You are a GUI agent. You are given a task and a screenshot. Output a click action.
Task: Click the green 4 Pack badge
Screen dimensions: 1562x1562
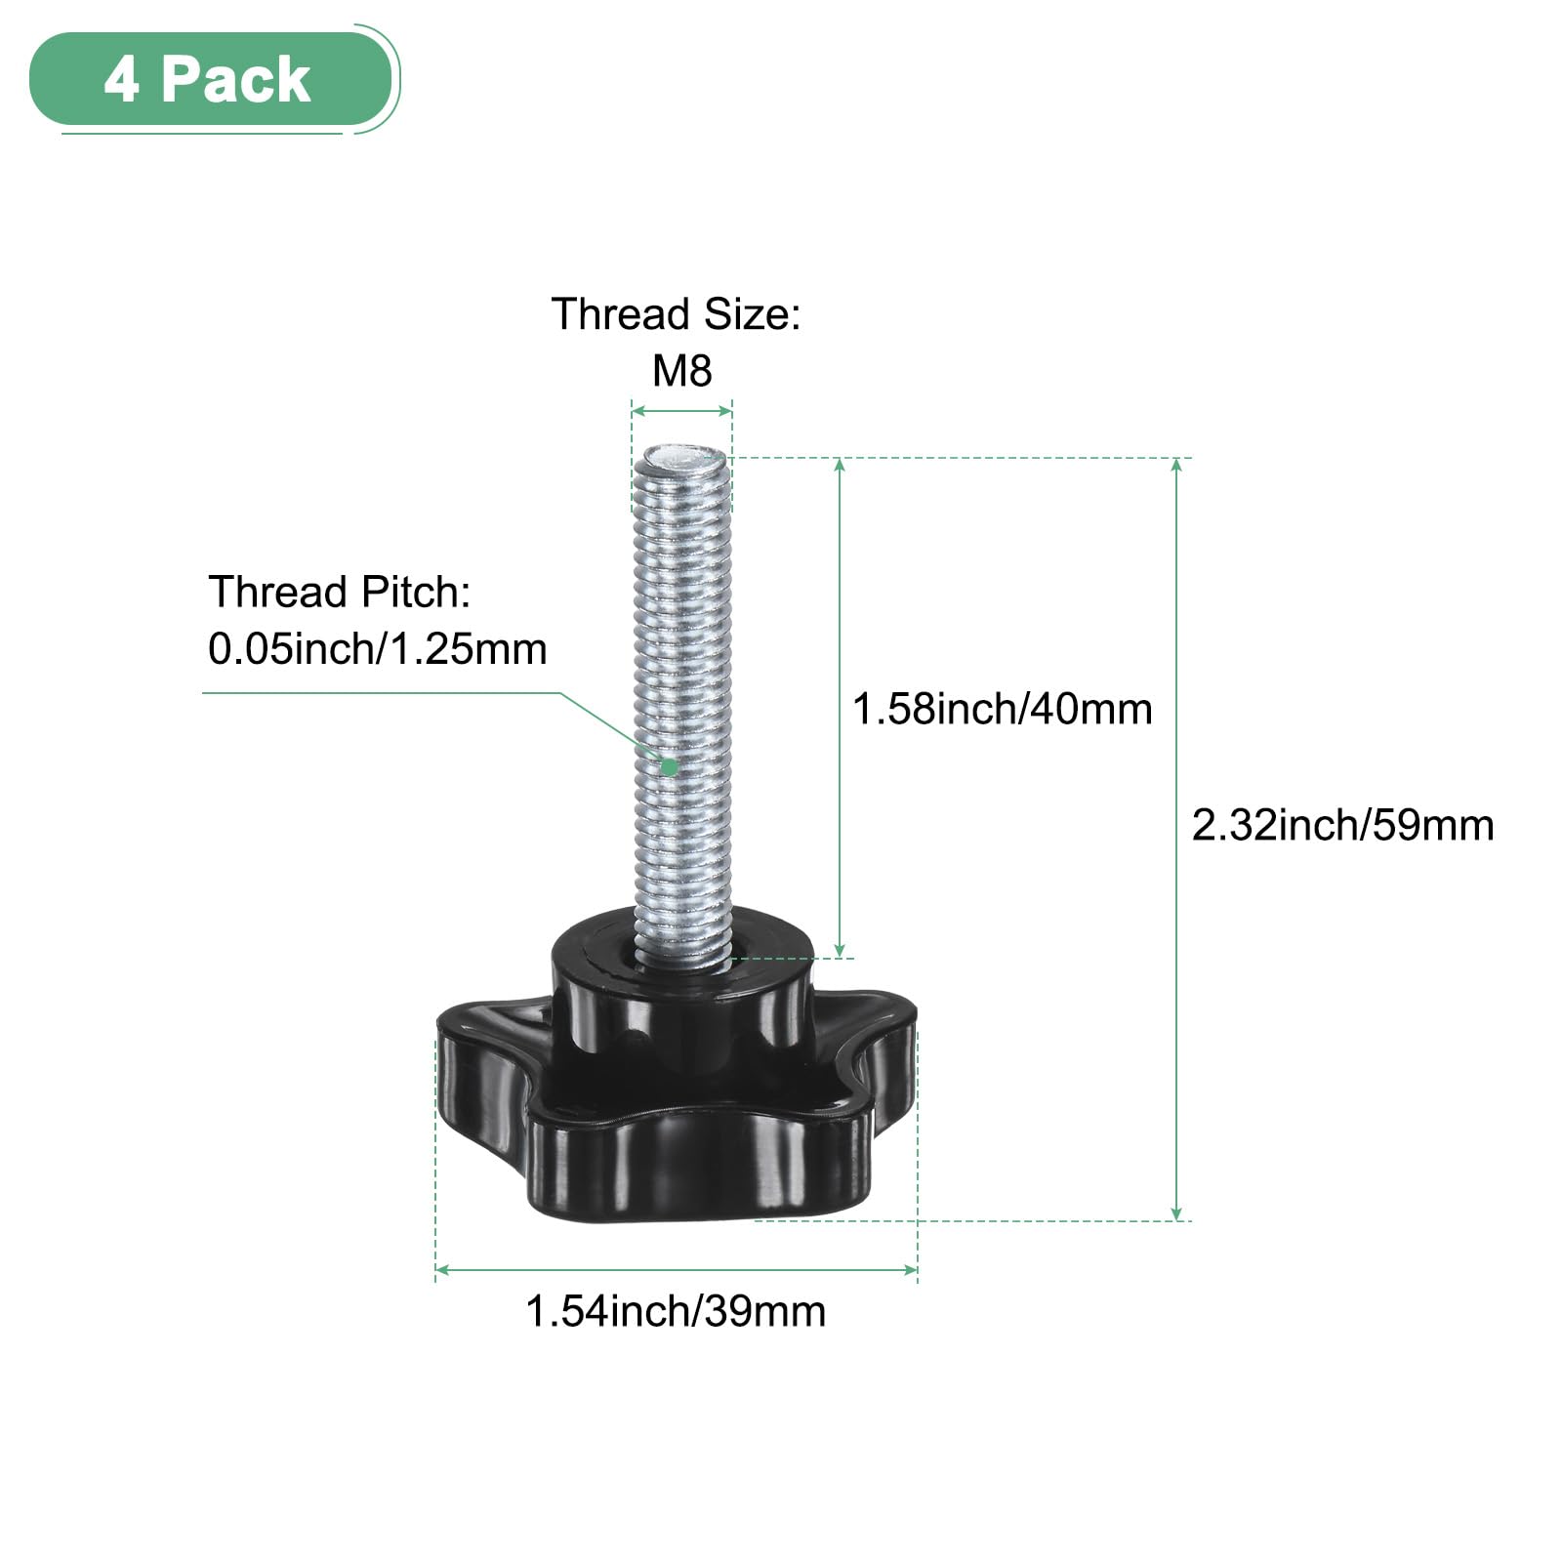(x=210, y=79)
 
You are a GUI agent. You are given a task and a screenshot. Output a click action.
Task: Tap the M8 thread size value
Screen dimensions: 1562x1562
(x=682, y=371)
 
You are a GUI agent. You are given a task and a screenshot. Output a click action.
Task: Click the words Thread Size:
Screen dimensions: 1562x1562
(x=676, y=314)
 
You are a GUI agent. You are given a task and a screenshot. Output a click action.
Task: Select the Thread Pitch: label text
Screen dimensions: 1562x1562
(x=340, y=593)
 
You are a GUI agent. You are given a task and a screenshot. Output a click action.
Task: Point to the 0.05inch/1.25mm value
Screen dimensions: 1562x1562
(x=378, y=649)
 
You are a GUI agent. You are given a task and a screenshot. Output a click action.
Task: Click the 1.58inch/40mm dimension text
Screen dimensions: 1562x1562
(x=1003, y=709)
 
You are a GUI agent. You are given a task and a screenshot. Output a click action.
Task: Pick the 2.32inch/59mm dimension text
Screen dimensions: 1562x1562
(x=1343, y=826)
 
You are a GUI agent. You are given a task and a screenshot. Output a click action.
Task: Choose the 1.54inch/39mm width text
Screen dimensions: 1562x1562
(x=676, y=1311)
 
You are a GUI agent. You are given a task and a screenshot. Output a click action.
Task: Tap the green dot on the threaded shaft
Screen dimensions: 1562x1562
(x=669, y=766)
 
